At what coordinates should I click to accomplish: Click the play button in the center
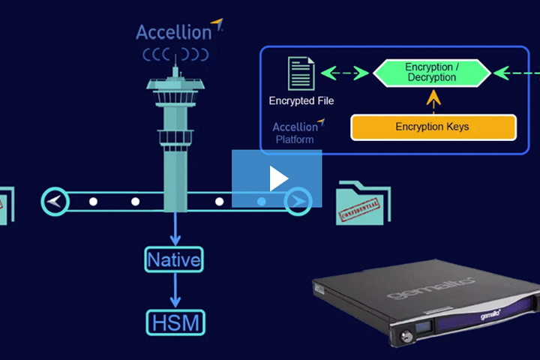point(277,178)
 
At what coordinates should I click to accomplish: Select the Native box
point(175,260)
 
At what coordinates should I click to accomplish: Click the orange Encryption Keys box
point(433,127)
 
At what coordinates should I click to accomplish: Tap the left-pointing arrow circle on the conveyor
point(55,201)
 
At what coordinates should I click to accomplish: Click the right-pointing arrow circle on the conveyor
point(298,201)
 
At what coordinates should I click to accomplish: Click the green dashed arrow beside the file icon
point(345,73)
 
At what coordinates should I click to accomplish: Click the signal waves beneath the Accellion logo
point(175,55)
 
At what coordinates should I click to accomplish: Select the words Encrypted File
point(301,100)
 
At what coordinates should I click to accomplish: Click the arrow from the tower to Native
point(175,230)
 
